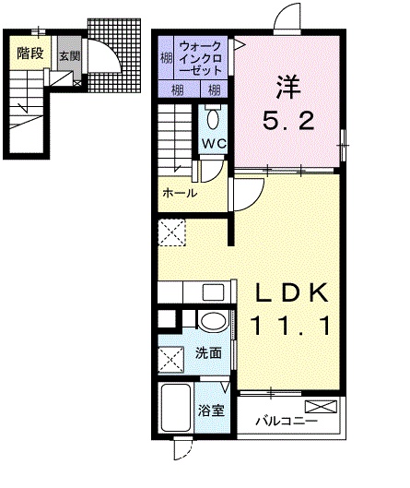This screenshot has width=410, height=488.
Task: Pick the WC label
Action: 214,145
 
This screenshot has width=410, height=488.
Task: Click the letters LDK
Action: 291,293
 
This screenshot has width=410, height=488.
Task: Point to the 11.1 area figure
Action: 291,325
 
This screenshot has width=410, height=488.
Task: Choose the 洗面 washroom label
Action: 208,352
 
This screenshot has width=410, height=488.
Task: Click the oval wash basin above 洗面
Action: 212,322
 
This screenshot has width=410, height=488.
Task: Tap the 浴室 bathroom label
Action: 211,411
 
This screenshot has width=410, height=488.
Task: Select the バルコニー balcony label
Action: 287,422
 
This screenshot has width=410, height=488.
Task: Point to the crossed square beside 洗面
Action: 171,357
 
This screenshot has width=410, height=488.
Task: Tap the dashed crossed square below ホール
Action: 172,233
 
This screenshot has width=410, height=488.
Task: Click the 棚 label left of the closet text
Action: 164,57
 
